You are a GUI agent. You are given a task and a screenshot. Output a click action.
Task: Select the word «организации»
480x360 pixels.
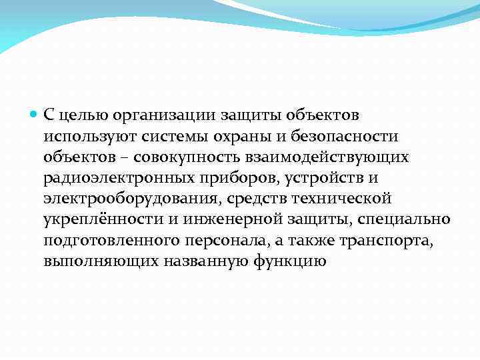pos(155,115)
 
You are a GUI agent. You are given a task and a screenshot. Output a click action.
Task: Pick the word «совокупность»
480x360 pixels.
pos(178,157)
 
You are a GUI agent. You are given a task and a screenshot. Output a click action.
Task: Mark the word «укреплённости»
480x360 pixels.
pos(93,219)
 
